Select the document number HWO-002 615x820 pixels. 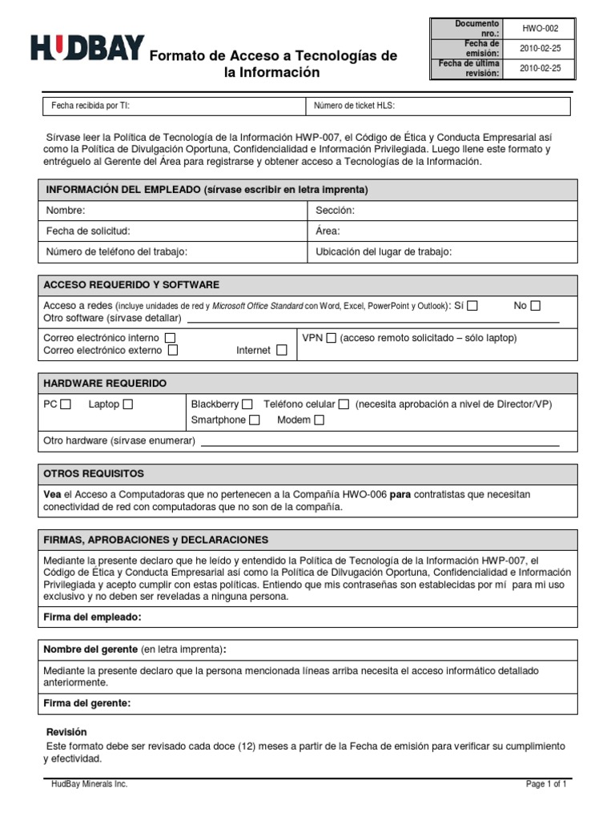point(540,28)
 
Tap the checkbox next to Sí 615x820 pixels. point(472,305)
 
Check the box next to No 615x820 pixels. point(536,305)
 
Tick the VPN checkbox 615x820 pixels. point(332,338)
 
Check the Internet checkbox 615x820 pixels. point(281,350)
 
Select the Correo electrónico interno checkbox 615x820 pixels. point(171,338)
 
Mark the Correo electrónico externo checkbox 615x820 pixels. point(173,350)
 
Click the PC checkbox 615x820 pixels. point(66,404)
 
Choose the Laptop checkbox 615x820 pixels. point(128,404)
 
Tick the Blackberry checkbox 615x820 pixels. point(247,404)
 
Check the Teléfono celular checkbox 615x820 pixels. point(344,404)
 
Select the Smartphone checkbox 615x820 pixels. point(254,420)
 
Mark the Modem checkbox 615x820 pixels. point(319,420)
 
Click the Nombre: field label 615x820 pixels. point(66,210)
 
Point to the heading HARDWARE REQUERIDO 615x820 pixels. point(105,384)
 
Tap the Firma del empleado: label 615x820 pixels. point(92,617)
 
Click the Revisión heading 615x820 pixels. point(66,732)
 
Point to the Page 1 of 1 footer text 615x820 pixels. point(546,784)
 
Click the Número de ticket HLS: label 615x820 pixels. point(354,106)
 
